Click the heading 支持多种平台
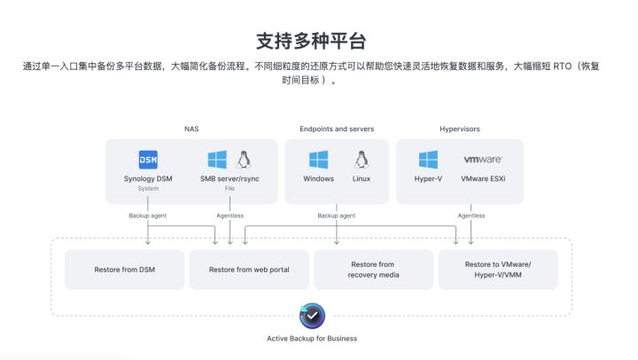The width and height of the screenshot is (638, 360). [x=311, y=41]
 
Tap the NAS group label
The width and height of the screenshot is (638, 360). [x=191, y=129]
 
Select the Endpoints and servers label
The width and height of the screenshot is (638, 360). [x=337, y=129]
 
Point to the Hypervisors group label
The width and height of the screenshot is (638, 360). [x=459, y=129]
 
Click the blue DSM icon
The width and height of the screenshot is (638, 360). [x=148, y=160]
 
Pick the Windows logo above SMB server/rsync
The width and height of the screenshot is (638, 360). [x=217, y=160]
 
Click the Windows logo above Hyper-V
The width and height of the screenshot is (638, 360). [x=428, y=160]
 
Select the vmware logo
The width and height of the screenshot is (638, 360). [x=483, y=160]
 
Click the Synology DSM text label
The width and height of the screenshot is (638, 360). [x=148, y=179]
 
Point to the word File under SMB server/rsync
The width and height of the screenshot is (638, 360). [x=230, y=189]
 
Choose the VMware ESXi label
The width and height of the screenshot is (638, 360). [x=483, y=179]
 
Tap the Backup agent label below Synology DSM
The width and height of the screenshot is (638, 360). [x=147, y=215]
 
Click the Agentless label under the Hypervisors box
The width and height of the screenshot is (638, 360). [x=471, y=215]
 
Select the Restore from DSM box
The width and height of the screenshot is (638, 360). [x=124, y=270]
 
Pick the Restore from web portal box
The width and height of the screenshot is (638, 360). [x=248, y=270]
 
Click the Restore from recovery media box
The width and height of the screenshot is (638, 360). [x=372, y=270]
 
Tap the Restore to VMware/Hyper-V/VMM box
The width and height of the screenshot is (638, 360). [x=498, y=270]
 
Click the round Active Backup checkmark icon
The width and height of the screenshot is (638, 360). [x=312, y=315]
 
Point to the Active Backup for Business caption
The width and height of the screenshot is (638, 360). [x=312, y=338]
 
